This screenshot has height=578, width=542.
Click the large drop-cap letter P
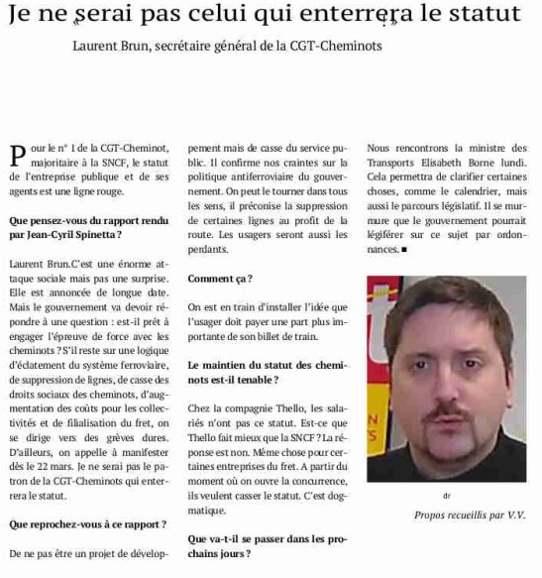(15, 155)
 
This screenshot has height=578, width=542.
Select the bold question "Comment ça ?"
(219, 279)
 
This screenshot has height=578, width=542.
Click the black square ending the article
(405, 251)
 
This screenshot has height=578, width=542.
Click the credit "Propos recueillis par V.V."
(469, 515)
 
